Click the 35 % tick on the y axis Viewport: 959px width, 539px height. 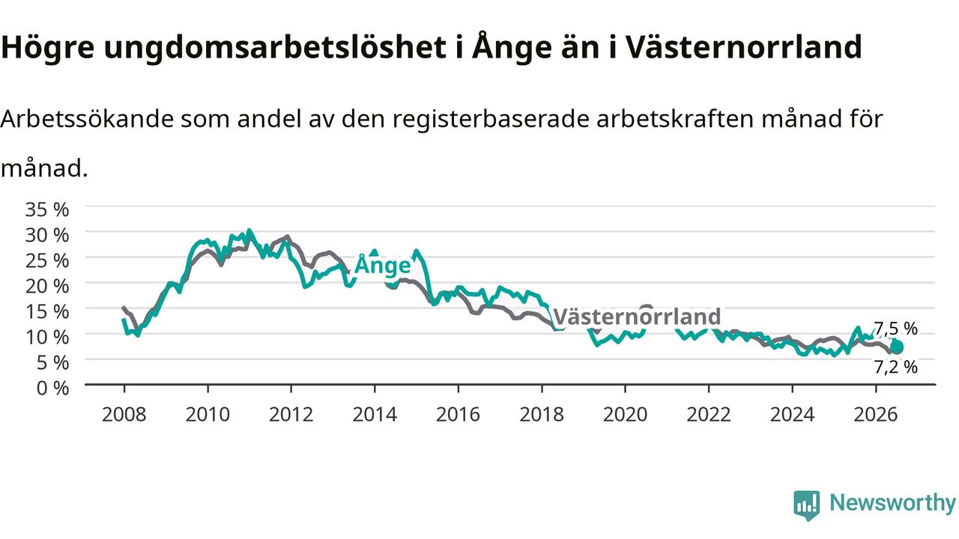click(x=47, y=210)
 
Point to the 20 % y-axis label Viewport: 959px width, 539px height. click(x=47, y=286)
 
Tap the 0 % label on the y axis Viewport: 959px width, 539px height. click(x=52, y=388)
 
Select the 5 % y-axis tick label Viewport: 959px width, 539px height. click(x=52, y=363)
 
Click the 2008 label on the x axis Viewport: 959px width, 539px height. click(x=124, y=415)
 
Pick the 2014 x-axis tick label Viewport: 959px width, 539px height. click(x=375, y=415)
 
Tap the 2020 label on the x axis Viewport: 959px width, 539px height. click(x=625, y=415)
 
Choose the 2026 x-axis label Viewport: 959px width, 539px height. click(x=876, y=415)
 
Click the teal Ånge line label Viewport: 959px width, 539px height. click(x=383, y=265)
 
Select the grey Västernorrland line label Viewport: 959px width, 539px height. click(x=637, y=317)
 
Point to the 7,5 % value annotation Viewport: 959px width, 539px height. click(x=895, y=329)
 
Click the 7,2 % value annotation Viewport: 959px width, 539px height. click(x=895, y=367)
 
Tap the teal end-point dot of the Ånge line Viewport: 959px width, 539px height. click(x=897, y=347)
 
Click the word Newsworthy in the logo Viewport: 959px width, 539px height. click(x=892, y=502)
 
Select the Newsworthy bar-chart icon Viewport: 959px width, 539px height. click(x=807, y=505)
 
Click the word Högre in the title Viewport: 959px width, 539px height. click(x=47, y=48)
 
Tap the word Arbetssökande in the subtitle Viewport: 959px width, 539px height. click(x=88, y=118)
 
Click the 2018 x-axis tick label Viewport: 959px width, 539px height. click(x=542, y=415)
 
